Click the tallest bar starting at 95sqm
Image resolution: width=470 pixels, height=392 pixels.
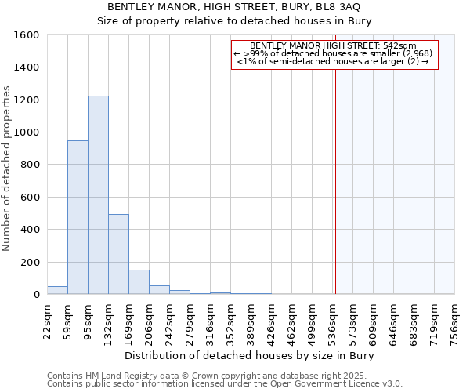point(98,195)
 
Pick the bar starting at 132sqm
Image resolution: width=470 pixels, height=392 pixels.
point(118,254)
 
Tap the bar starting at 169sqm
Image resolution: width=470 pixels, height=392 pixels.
point(139,282)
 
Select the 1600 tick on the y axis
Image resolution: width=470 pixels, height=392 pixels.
point(28,35)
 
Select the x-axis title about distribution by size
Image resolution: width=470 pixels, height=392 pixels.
point(251,356)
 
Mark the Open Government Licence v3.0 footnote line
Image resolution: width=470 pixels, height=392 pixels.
point(225,383)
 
